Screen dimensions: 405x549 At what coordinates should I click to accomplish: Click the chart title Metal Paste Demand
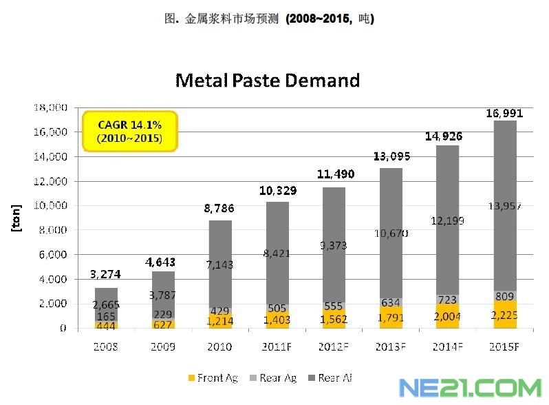click(x=268, y=80)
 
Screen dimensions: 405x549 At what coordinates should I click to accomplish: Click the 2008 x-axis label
click(x=105, y=346)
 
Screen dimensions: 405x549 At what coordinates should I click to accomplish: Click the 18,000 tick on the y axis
click(x=50, y=107)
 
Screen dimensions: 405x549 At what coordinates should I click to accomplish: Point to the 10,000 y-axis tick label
click(x=50, y=205)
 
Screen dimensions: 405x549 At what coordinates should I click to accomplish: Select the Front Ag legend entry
click(x=212, y=378)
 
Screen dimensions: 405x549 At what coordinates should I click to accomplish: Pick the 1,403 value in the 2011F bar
click(x=278, y=320)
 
